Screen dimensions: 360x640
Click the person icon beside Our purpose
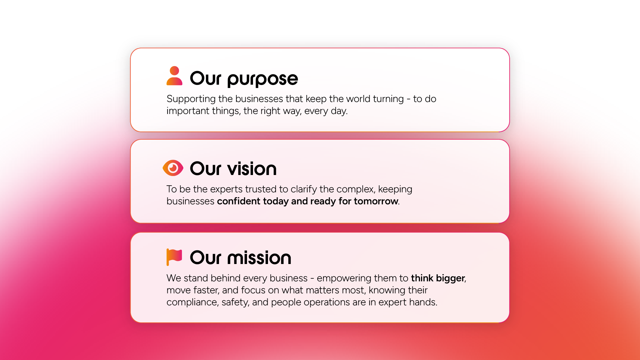coord(174,76)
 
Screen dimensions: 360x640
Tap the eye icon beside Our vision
coord(173,168)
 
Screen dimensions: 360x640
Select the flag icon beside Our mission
coord(174,257)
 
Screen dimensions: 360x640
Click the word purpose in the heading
coord(262,79)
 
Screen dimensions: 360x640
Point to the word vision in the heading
coord(252,169)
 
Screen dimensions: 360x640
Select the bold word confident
coord(238,201)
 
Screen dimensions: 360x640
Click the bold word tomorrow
coord(376,201)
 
